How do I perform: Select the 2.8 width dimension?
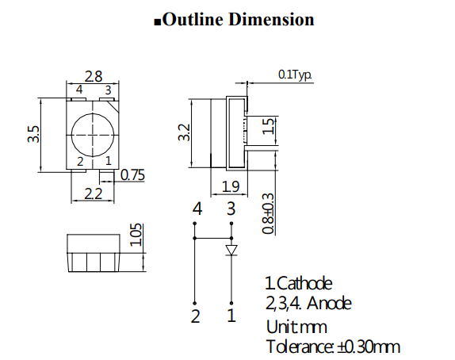point(94,77)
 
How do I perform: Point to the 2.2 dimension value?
point(94,193)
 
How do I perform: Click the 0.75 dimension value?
point(132,176)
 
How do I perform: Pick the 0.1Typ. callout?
point(295,75)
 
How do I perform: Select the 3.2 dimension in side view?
point(185,132)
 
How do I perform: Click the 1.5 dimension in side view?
point(269,124)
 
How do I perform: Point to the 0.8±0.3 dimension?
point(269,213)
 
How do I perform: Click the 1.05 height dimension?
point(136,235)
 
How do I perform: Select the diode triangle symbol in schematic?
point(231,251)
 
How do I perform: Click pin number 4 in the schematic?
point(197,210)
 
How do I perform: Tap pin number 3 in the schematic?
point(231,210)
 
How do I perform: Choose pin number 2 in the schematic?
point(195,317)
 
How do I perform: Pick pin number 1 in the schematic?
point(231,317)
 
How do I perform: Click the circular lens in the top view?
point(94,133)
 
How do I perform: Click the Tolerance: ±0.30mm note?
point(332,347)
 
